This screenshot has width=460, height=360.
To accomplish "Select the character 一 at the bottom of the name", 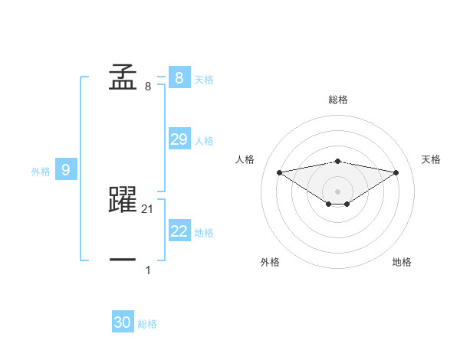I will tap(123, 260).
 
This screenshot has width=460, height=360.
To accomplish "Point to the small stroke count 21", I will tap(149, 208).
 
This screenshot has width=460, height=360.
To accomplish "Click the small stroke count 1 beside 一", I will tap(148, 270).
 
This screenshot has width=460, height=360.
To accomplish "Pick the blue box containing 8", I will tap(179, 78).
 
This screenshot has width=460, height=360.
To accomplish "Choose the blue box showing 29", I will tap(179, 139).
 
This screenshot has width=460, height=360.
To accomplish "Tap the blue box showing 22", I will tap(179, 231).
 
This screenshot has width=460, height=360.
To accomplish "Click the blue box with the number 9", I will tap(66, 170).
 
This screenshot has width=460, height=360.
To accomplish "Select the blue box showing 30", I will tap(123, 322).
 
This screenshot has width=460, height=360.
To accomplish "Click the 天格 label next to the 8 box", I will tap(204, 79).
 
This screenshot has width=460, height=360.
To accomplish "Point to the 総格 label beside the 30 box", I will tap(147, 324).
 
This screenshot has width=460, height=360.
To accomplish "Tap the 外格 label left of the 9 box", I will tap(41, 172).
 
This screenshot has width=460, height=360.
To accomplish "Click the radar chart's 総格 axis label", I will tap(338, 100).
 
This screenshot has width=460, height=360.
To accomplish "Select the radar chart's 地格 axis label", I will tap(402, 262).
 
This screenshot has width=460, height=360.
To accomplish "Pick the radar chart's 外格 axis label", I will tap(270, 262).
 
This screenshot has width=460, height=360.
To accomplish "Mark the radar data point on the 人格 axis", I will tap(279, 172).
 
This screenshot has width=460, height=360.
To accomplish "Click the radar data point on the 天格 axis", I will tap(396, 172).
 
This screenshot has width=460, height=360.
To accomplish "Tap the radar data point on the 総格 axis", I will tap(338, 161).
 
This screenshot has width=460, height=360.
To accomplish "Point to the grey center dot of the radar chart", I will tap(338, 191).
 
